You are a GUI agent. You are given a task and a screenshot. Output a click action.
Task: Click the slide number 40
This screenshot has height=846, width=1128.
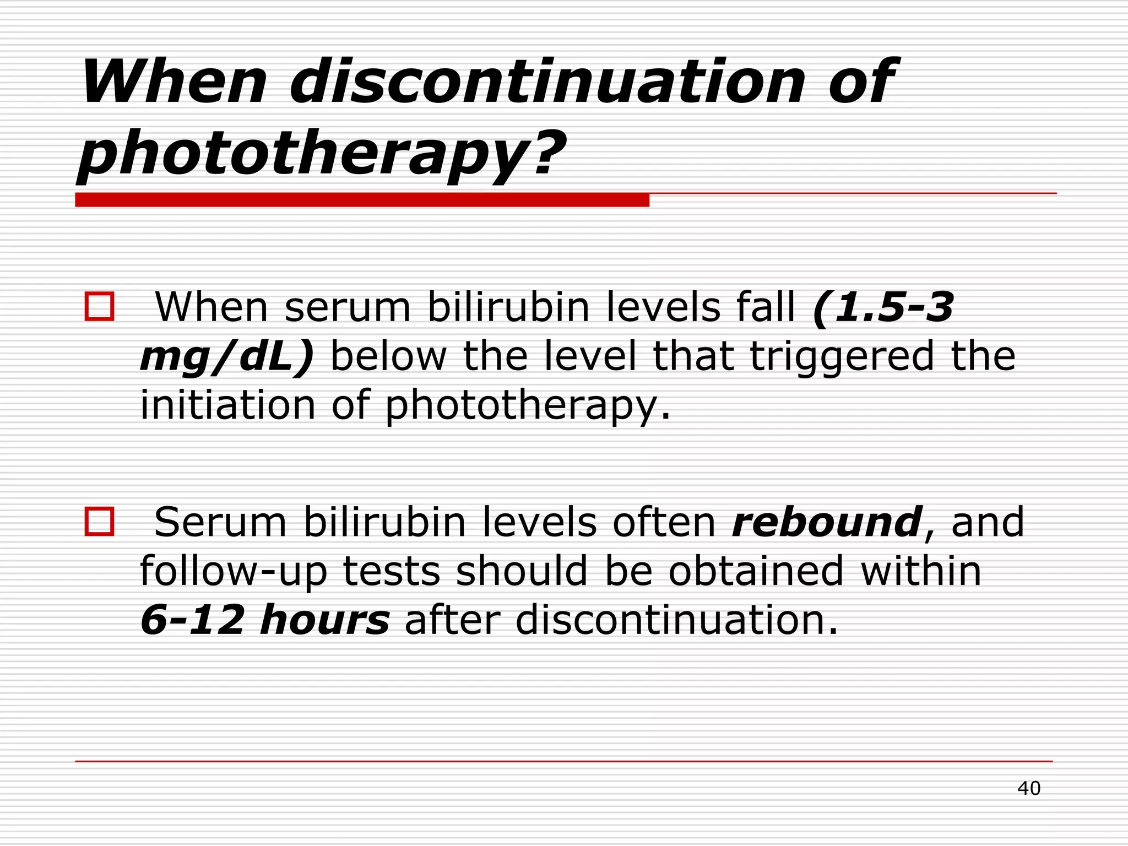pos(1028,788)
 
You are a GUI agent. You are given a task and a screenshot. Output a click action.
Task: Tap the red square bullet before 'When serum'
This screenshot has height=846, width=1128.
pos(99,306)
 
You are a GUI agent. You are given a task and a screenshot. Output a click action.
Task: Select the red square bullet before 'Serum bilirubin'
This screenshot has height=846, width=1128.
pos(99,521)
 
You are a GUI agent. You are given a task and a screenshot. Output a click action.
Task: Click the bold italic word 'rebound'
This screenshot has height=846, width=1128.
pos(826,521)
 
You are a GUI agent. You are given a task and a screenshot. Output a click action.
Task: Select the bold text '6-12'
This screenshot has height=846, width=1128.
pos(192,619)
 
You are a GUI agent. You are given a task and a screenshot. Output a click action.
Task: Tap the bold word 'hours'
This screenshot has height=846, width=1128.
pos(325,619)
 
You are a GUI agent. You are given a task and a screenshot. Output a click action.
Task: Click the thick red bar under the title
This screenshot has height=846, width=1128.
pos(362,200)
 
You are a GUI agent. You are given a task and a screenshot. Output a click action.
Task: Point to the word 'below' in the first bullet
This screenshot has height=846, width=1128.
pos(388,356)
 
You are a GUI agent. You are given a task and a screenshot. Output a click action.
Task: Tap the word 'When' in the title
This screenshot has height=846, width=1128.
pos(174,83)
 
